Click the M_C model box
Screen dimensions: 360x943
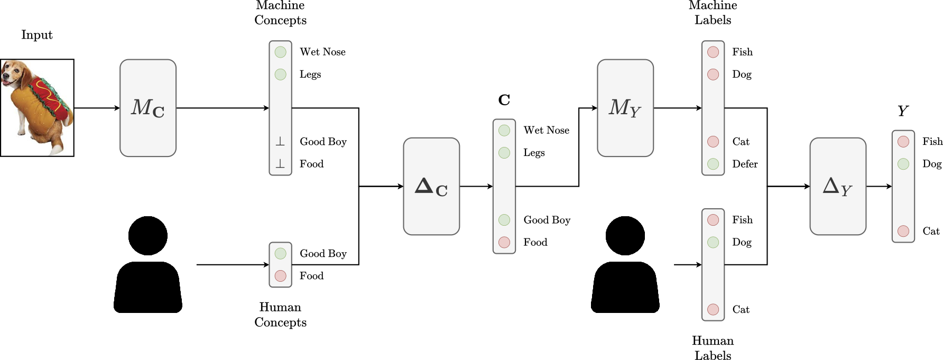click(x=148, y=108)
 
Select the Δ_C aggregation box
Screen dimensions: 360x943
click(x=431, y=186)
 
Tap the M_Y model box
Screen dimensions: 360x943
click(x=625, y=108)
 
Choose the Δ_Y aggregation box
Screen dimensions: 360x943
click(x=838, y=186)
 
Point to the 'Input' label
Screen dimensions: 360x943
click(x=37, y=35)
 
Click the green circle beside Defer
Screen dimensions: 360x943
click(x=713, y=164)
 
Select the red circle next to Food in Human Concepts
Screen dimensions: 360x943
click(x=281, y=276)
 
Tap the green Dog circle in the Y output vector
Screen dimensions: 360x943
click(x=903, y=164)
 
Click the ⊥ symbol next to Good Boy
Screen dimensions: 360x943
click(x=280, y=142)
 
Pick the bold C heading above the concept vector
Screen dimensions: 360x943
click(x=504, y=100)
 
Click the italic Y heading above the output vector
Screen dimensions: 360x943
click(x=903, y=111)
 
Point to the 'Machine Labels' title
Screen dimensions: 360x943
click(x=713, y=13)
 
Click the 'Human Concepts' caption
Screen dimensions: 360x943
click(x=280, y=315)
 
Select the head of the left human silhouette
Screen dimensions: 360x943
click(x=148, y=236)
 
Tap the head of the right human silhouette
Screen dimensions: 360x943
click(x=625, y=236)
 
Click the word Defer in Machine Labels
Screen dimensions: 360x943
click(x=745, y=164)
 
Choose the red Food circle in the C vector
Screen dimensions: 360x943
click(x=504, y=242)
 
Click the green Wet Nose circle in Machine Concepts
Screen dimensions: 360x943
click(x=281, y=52)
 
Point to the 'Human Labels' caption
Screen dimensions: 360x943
click(x=713, y=348)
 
